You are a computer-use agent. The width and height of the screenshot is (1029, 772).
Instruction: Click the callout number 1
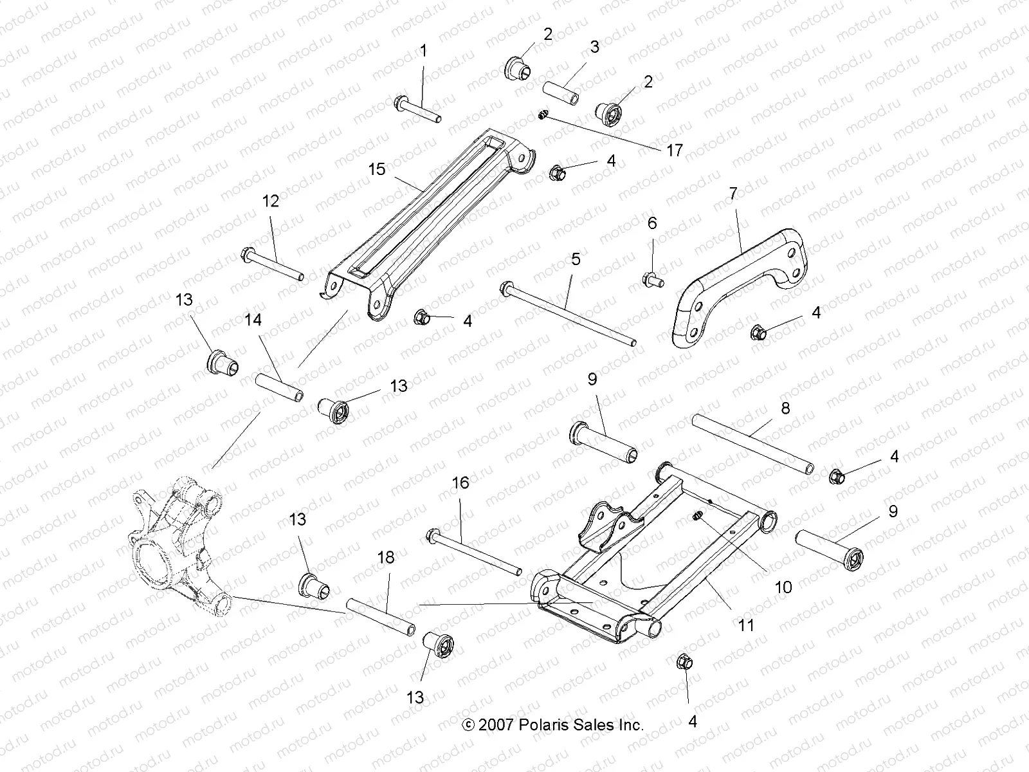click(x=423, y=50)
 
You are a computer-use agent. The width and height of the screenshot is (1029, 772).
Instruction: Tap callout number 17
click(x=675, y=151)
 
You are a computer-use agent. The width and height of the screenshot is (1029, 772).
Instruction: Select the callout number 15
click(x=377, y=169)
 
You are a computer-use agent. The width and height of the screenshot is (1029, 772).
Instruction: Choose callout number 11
click(x=746, y=624)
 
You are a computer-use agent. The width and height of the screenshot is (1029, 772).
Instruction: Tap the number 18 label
click(x=386, y=558)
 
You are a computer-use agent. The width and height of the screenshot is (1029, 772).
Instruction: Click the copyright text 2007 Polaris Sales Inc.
click(x=553, y=725)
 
